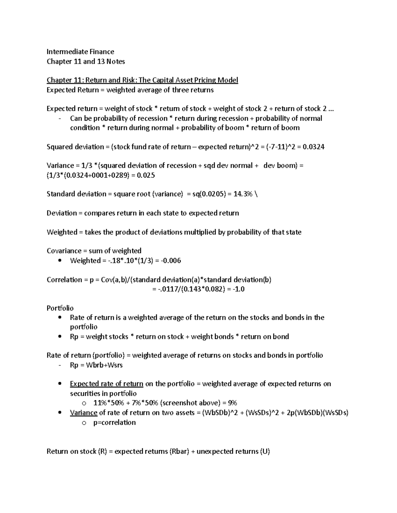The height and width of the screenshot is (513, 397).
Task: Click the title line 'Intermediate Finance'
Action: [x=80, y=52]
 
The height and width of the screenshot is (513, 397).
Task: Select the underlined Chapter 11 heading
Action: [x=142, y=80]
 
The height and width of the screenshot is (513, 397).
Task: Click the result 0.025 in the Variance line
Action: [x=146, y=175]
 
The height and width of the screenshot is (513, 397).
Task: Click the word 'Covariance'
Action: [x=64, y=251]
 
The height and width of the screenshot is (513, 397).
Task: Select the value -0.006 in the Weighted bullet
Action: [x=171, y=261]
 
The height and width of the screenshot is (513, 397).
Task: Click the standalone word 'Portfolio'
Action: [x=60, y=308]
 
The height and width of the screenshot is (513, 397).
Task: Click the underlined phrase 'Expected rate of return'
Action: [x=107, y=384]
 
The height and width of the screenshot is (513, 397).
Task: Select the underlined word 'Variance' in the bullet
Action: [x=84, y=413]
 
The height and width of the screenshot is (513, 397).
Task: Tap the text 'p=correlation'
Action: [x=114, y=422]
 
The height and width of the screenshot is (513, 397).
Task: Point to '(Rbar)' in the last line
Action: [x=179, y=451]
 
